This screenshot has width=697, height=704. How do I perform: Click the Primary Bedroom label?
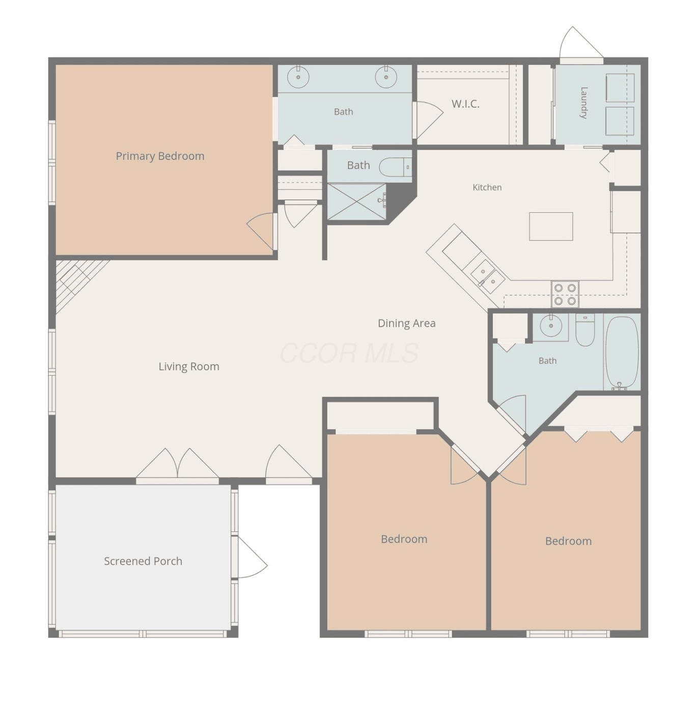[160, 156]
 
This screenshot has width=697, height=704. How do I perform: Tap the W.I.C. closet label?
[465, 104]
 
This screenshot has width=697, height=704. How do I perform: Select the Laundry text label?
[583, 103]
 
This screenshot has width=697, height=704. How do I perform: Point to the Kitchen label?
[487, 187]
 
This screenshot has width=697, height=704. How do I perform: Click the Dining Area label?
[406, 323]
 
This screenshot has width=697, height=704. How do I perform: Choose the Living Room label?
[188, 367]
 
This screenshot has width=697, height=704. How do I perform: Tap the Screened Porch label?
[143, 561]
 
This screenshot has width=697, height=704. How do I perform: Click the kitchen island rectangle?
[551, 226]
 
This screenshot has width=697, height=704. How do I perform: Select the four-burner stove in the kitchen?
[565, 294]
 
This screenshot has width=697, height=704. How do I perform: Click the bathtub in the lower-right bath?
[622, 353]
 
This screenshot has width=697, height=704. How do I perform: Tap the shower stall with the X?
[356, 202]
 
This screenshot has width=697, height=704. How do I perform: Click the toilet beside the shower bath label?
[395, 167]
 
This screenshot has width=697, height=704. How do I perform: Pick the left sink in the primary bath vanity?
[298, 77]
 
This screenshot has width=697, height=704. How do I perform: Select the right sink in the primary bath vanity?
[386, 77]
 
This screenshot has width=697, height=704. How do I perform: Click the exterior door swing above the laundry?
[581, 42]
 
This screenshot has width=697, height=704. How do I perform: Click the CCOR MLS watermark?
[349, 353]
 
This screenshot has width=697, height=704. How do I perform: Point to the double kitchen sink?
[488, 276]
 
